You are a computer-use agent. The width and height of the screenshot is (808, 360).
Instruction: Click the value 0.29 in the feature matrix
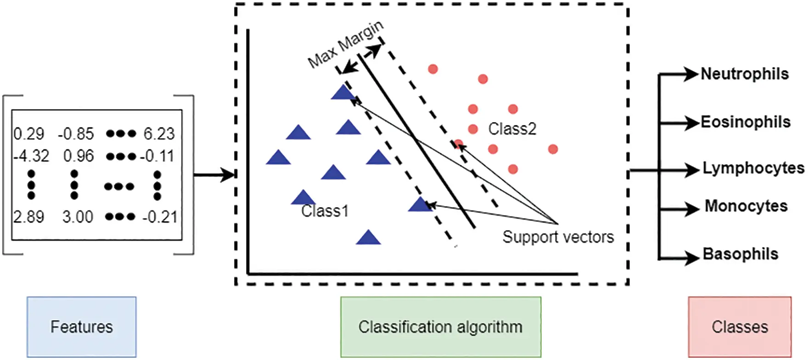click(x=29, y=134)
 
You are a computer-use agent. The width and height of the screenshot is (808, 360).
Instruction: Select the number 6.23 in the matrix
click(x=159, y=134)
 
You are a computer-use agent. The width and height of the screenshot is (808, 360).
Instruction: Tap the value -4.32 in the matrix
click(x=31, y=156)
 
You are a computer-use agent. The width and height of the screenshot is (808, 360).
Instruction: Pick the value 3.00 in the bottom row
click(x=78, y=217)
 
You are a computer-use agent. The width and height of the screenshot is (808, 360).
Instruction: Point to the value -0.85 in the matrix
click(x=76, y=134)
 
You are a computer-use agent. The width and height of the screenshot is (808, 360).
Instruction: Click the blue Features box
click(x=82, y=326)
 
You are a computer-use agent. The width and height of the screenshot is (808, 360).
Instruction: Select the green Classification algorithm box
click(x=440, y=326)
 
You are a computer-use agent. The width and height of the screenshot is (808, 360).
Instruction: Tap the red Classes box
click(x=740, y=326)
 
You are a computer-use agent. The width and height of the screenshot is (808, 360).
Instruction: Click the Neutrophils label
click(x=745, y=74)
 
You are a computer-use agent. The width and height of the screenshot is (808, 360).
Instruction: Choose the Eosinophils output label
click(x=746, y=122)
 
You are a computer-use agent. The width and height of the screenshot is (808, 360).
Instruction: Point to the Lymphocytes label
click(x=753, y=168)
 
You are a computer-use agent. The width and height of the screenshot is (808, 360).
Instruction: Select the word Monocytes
click(x=746, y=206)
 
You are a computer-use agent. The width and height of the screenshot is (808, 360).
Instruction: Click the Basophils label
click(x=741, y=254)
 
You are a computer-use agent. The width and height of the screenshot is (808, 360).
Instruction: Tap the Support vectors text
click(x=558, y=237)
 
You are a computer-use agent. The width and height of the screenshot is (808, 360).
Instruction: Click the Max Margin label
click(x=345, y=44)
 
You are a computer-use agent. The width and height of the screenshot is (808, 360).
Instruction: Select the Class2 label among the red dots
click(x=512, y=129)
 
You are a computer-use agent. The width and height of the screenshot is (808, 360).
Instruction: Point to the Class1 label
click(x=325, y=211)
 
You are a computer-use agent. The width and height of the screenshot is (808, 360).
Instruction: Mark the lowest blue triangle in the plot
click(x=368, y=238)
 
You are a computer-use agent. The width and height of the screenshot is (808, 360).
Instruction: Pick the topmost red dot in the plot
click(x=432, y=69)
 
